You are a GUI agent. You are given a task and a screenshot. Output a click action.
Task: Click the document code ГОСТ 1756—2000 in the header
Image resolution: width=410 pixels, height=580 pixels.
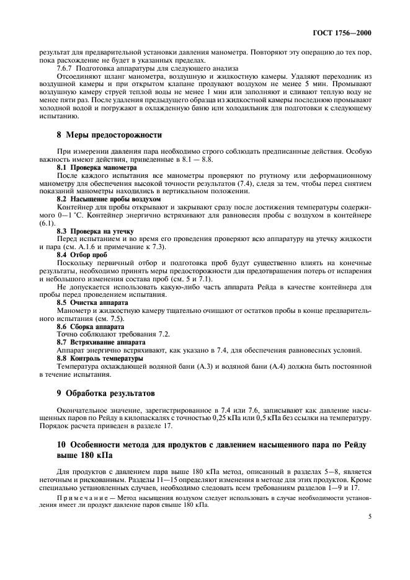[x=343, y=33]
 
